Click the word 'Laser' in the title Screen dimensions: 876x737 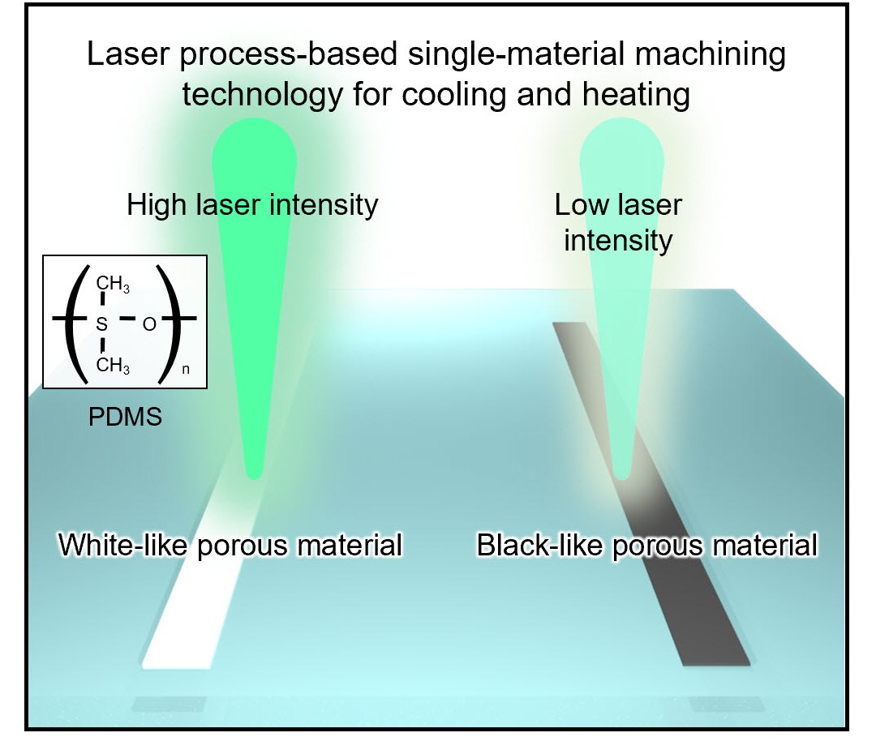click(x=128, y=54)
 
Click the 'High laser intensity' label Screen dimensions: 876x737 click(x=252, y=205)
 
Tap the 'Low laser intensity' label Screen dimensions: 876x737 click(x=618, y=223)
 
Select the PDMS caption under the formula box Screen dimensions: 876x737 click(x=125, y=417)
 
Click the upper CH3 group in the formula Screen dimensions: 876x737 click(x=113, y=285)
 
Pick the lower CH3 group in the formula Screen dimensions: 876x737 click(x=113, y=366)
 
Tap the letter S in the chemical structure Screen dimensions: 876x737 click(x=101, y=324)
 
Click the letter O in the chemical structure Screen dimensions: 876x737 click(x=149, y=324)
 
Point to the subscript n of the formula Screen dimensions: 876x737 click(x=186, y=369)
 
